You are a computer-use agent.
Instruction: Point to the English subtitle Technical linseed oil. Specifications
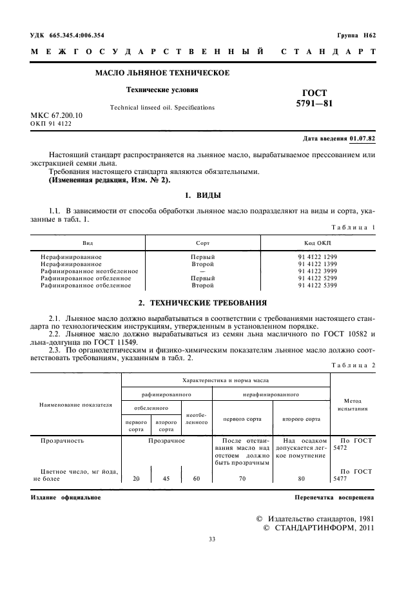(x=163, y=107)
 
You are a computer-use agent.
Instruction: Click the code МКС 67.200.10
(x=62, y=115)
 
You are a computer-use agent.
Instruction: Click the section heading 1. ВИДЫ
(x=204, y=194)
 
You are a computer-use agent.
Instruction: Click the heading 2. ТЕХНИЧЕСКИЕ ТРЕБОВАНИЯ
(x=204, y=302)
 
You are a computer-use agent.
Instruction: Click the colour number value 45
(x=166, y=479)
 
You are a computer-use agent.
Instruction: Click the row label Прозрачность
(x=63, y=441)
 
